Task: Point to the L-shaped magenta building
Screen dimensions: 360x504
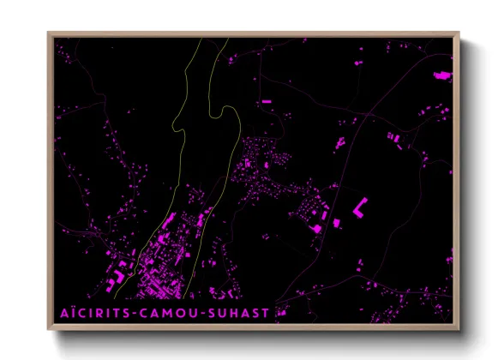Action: (x=360, y=205)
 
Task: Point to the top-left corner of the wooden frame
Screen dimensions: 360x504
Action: (x=49, y=33)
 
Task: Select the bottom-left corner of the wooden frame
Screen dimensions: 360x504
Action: (x=49, y=330)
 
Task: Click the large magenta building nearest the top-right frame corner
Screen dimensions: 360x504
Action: (x=442, y=76)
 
